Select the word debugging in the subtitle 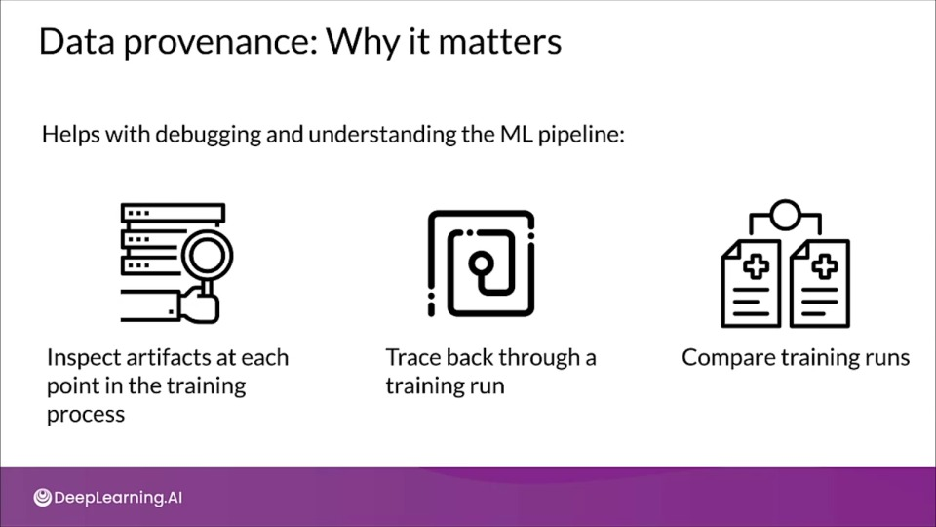click(x=209, y=135)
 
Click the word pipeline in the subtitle click(x=581, y=135)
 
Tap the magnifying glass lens click(x=207, y=256)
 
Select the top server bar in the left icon click(x=173, y=213)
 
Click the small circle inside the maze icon click(x=481, y=263)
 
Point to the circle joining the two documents click(x=785, y=215)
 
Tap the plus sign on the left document click(x=756, y=266)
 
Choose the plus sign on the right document click(x=825, y=266)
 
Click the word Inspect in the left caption click(x=83, y=358)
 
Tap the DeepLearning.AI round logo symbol click(x=42, y=497)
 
